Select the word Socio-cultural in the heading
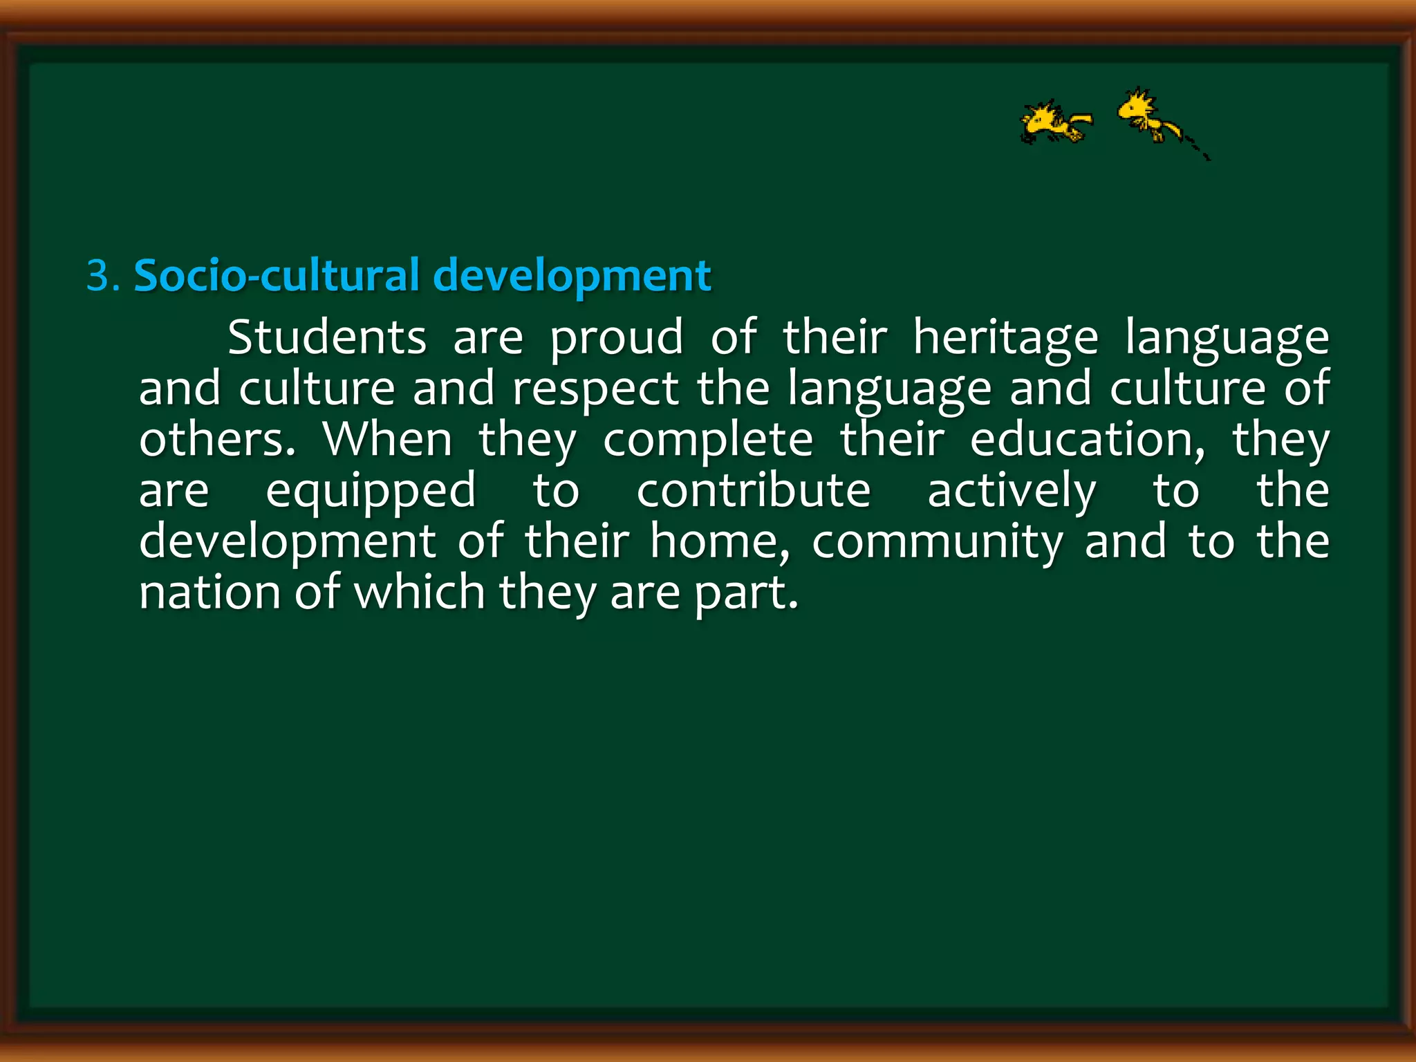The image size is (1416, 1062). coord(277,276)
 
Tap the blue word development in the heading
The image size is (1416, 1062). coord(572,276)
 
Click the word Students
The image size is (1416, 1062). coord(327,338)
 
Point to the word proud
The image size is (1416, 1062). coord(617,338)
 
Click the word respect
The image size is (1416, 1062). coord(595,389)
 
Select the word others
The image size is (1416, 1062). coord(216,440)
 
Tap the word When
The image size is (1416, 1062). coord(387,440)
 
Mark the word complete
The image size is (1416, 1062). coord(708,440)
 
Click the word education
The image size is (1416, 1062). coord(1087,440)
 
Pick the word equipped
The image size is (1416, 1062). coord(371,491)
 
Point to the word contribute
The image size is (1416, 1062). coord(754,491)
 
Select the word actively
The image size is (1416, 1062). coord(1012,491)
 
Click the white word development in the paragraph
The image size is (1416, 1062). coord(288,542)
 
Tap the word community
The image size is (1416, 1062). coord(937,542)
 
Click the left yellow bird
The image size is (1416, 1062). coord(1054,122)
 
